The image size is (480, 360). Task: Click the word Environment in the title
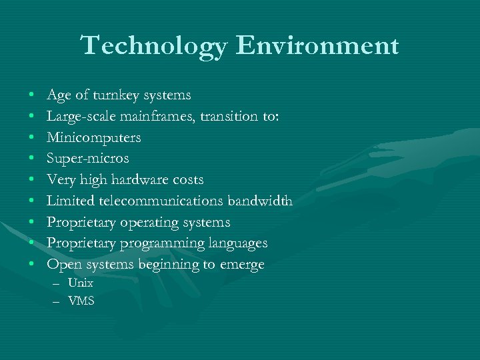317,46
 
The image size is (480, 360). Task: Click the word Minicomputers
94,137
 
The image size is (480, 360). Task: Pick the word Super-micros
87,159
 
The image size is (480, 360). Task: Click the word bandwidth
260,201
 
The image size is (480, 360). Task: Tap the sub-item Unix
81,283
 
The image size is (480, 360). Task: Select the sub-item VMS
81,301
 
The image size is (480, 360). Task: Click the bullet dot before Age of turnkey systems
32,96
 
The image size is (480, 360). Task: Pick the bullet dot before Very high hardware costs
32,181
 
